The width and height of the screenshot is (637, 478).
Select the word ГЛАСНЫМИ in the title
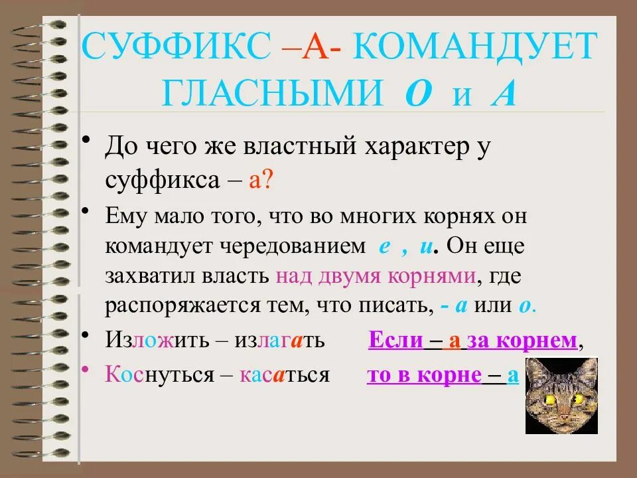tap(271, 94)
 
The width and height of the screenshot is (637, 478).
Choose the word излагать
tap(279, 341)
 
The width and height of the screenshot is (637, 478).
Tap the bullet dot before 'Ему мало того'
tap(86, 210)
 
